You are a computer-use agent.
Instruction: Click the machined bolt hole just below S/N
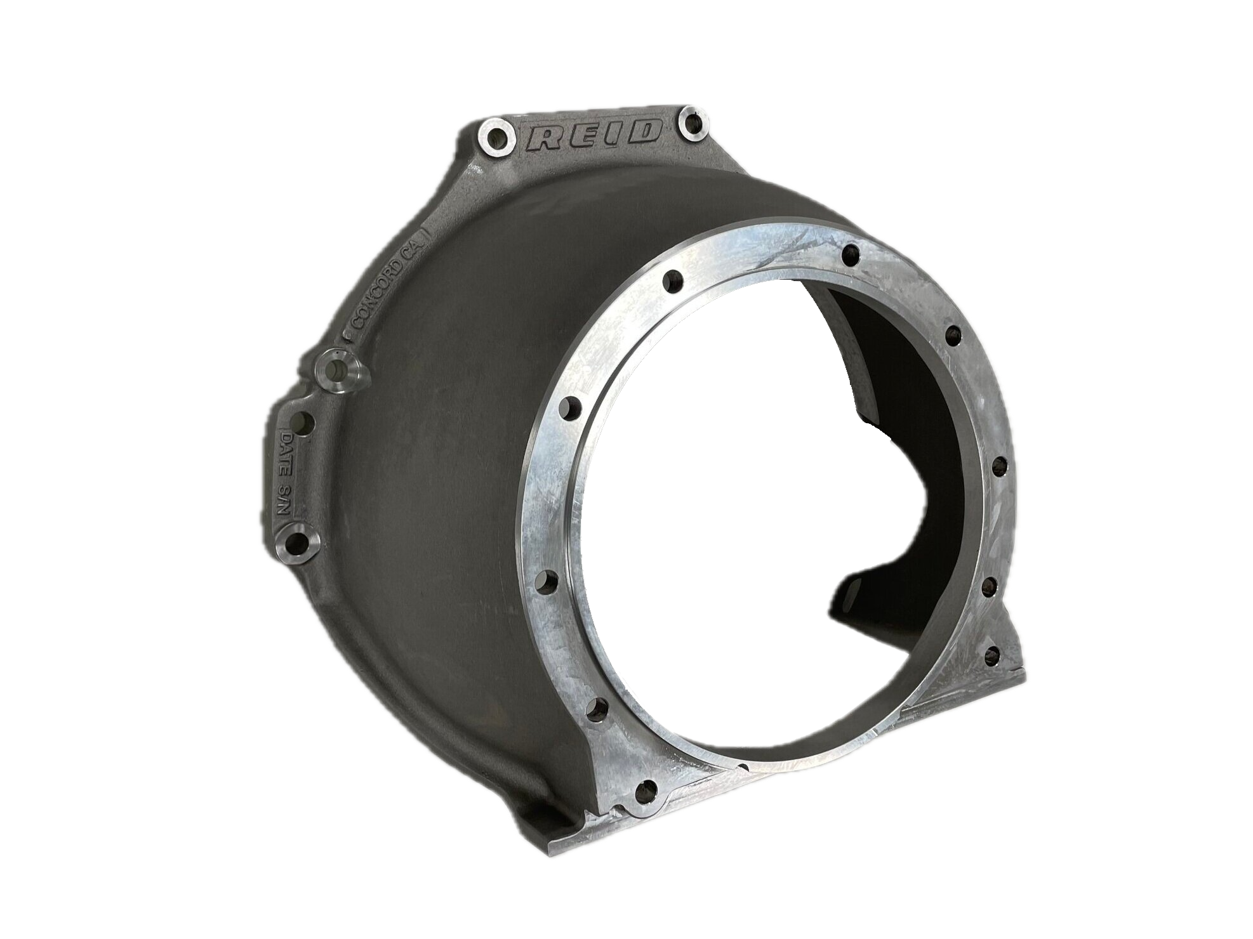coord(296,543)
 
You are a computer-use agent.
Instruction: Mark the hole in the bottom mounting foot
coord(647,789)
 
